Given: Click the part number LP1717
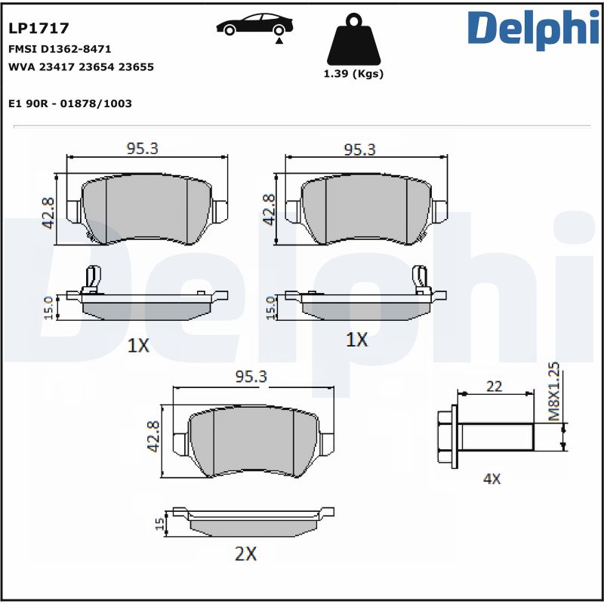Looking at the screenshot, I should tap(39, 29).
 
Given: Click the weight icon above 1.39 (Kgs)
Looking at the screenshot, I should tap(353, 42).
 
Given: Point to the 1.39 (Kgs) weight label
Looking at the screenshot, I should tap(353, 74).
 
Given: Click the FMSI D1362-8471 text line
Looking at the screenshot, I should tap(60, 48).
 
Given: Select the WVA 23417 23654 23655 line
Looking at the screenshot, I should tap(81, 66).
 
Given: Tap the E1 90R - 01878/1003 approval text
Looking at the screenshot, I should tap(70, 103).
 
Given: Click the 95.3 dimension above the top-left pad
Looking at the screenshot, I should tap(141, 149).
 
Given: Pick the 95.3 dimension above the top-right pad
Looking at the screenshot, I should tap(359, 149).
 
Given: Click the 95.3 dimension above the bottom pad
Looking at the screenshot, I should tap(251, 377).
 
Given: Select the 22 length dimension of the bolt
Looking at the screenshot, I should tap(494, 387).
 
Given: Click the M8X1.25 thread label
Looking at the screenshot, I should tap(553, 390).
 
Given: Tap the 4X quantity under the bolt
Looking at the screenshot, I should tap(492, 478).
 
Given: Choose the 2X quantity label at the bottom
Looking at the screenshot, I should tap(245, 553).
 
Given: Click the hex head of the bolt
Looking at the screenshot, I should tap(447, 435).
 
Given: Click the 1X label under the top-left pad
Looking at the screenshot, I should tap(138, 346).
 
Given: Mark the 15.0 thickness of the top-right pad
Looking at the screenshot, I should tap(270, 307).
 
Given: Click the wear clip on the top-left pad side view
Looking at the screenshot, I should tap(93, 279).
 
